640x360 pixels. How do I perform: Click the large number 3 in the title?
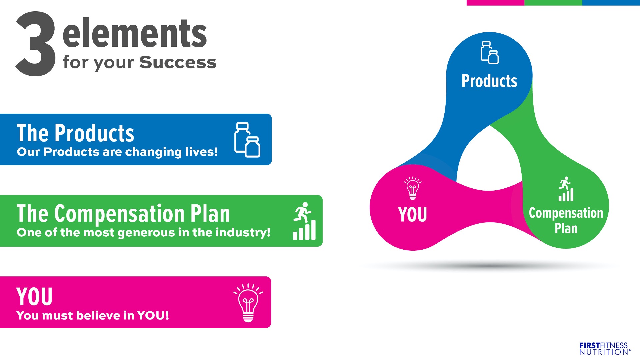point(36,44)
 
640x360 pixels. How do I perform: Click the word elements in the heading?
point(135,33)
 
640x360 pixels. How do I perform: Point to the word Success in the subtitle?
point(178,62)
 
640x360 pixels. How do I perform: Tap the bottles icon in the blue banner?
point(247,140)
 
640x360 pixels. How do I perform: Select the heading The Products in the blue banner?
point(75,133)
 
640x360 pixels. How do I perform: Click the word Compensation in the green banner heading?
point(119,214)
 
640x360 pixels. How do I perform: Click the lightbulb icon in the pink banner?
point(248,303)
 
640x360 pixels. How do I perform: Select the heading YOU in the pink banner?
point(35,296)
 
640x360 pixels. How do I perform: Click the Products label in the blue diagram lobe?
point(489,81)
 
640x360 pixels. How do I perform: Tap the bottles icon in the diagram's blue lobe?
point(489,52)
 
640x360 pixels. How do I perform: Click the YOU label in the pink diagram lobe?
point(413,214)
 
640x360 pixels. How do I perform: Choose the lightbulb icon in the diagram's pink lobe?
point(413,188)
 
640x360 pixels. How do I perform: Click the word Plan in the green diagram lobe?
point(566,228)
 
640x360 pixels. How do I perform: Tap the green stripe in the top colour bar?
point(553,3)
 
